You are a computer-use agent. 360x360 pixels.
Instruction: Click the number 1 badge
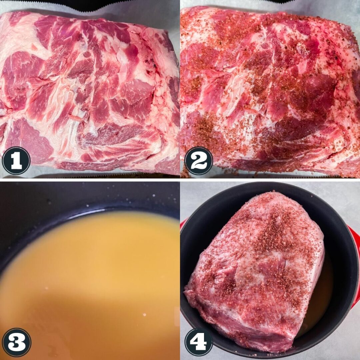tap(16, 160)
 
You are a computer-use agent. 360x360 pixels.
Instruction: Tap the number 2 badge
tap(199, 160)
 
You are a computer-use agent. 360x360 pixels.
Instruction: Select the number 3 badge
tap(16, 342)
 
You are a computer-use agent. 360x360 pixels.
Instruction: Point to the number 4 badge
tap(199, 342)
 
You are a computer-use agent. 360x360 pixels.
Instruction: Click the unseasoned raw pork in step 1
tap(90, 92)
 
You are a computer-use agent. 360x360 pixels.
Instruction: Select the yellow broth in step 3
tap(90, 287)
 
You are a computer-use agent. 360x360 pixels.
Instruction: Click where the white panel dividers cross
tap(180, 180)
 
